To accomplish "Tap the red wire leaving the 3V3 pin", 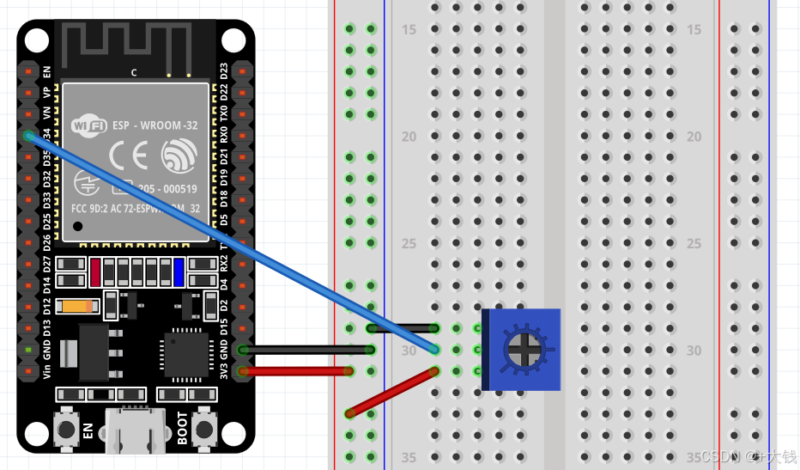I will (x=296, y=371).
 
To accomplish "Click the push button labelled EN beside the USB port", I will (x=66, y=428).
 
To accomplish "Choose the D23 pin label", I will (x=224, y=70).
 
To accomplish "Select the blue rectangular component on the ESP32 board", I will (x=179, y=272).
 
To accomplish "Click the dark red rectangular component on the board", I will (x=95, y=272).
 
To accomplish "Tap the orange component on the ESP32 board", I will (x=77, y=306).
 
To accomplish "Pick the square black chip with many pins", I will (x=185, y=354).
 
